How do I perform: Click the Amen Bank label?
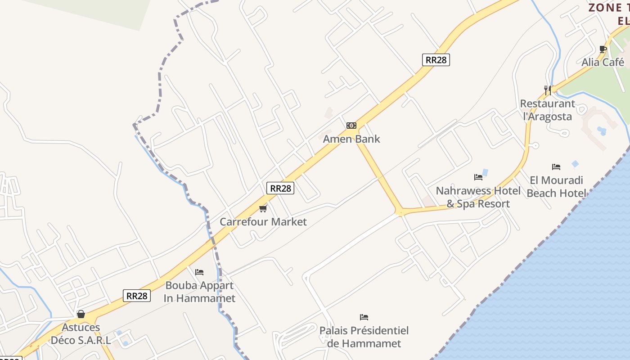coord(351,139)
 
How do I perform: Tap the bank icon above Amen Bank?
coord(351,126)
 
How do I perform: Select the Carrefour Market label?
coord(263,221)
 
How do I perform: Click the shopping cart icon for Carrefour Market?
coord(263,208)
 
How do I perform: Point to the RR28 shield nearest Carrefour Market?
coord(280,188)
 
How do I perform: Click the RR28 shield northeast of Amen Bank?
coord(436,59)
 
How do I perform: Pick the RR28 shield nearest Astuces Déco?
coord(136,296)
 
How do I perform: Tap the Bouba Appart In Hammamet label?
coord(199,292)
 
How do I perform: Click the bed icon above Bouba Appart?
coord(199,272)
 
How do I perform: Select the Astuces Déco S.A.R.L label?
coord(81,333)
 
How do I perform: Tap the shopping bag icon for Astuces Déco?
coord(81,314)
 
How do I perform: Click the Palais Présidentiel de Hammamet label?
coord(364,337)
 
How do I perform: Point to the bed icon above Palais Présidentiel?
coord(364,317)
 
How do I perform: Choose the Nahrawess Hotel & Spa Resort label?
coord(478,197)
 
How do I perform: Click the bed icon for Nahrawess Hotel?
coord(478,177)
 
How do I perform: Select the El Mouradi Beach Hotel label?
coord(556,187)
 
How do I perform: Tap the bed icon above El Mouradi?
coord(556,167)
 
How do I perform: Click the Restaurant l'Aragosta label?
coord(548,110)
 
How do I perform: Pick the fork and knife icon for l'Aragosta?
coord(548,90)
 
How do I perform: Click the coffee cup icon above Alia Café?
coord(603,49)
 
